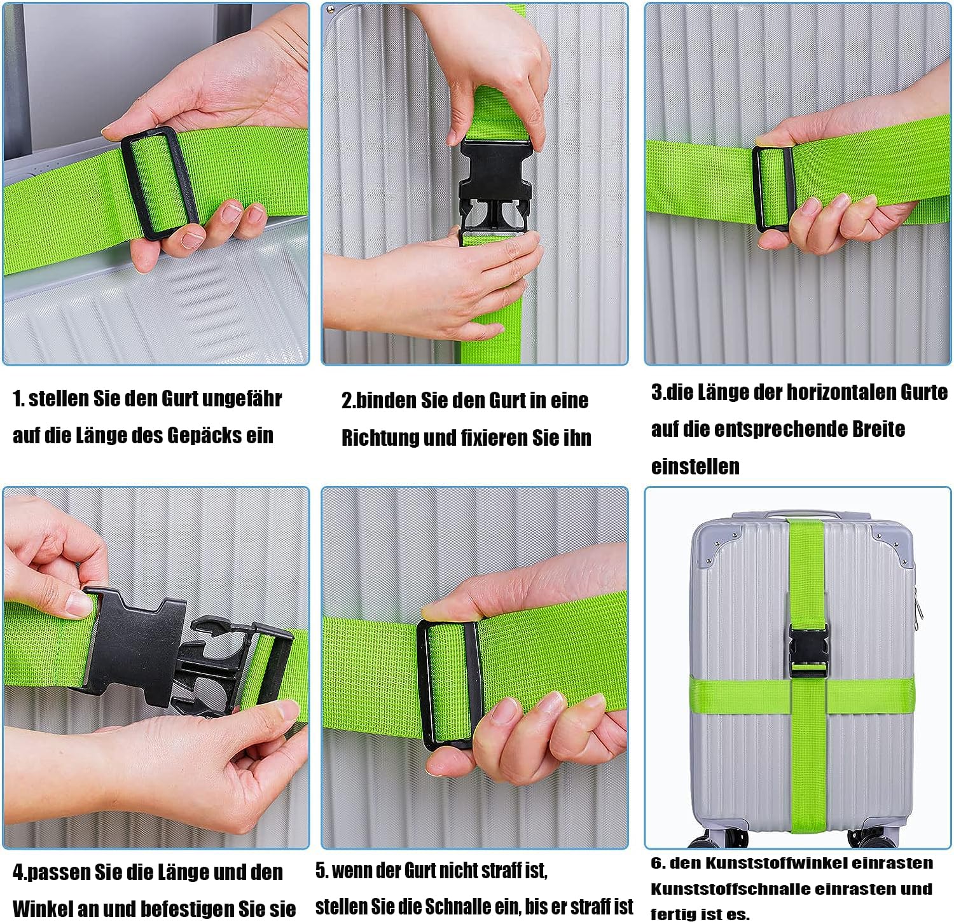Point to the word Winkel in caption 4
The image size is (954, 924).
click(x=41, y=908)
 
